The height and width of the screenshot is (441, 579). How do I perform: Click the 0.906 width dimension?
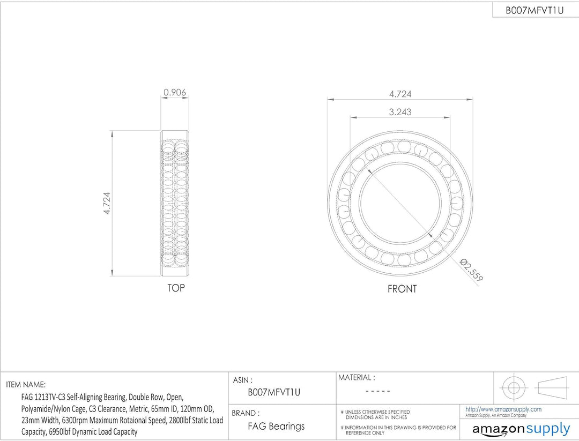click(x=175, y=92)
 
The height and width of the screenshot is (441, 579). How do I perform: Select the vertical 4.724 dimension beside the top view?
click(x=107, y=203)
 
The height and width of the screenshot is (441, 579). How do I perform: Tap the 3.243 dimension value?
click(x=400, y=112)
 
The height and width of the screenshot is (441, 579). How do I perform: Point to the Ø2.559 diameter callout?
click(x=471, y=270)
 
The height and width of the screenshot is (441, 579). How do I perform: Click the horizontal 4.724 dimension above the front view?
click(x=400, y=94)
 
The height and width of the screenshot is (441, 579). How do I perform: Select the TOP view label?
click(x=176, y=288)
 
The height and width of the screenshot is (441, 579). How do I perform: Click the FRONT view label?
click(x=402, y=289)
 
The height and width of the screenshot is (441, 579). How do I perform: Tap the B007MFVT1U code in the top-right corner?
click(x=535, y=10)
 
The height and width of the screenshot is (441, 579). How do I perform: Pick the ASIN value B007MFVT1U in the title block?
click(x=274, y=392)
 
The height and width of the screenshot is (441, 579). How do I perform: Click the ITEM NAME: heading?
click(x=26, y=385)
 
